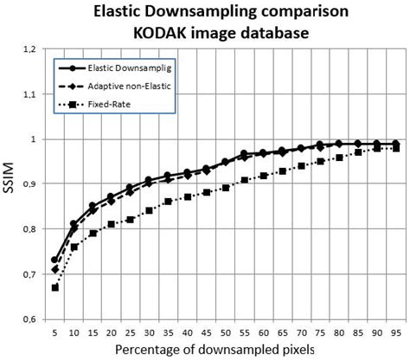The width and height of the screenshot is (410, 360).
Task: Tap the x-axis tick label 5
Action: point(55,331)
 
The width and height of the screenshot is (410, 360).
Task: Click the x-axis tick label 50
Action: point(225,331)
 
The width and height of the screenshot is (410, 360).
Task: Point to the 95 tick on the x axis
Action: point(395,331)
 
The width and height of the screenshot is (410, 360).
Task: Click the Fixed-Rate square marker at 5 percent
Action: point(55,287)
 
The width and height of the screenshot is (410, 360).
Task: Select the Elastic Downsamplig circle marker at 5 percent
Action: point(55,260)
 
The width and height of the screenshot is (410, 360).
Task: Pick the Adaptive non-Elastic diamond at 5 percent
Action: point(55,269)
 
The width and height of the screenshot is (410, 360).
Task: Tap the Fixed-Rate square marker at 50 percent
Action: point(225,188)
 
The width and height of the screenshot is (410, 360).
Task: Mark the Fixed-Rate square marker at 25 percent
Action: point(131,220)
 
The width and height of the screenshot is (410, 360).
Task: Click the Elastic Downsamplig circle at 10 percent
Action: point(74,224)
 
